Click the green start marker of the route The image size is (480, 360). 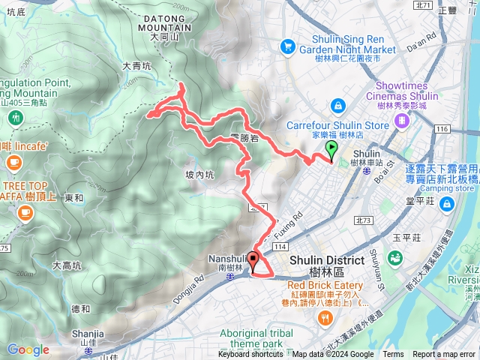(x=331, y=148)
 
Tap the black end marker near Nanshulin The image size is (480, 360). (x=253, y=260)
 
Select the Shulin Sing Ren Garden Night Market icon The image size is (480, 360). (x=287, y=46)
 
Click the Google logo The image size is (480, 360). (x=28, y=349)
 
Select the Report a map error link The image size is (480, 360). (x=444, y=355)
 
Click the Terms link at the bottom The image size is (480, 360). (x=393, y=355)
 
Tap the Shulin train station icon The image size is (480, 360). (x=365, y=171)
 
